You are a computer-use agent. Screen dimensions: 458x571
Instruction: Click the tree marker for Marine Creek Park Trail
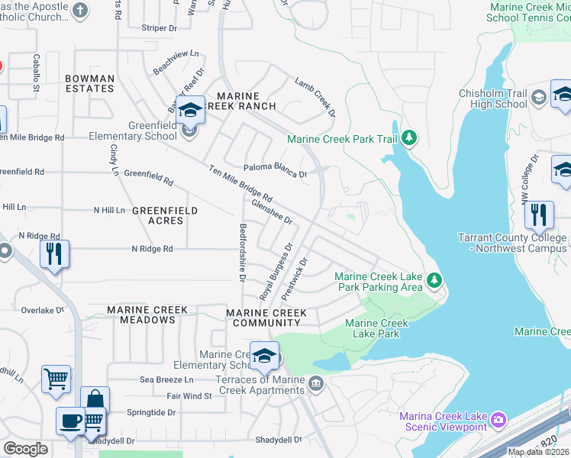coord(410,137)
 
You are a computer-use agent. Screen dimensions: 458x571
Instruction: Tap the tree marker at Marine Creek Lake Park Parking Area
coord(434,281)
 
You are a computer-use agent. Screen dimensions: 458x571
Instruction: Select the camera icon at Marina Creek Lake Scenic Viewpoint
coord(498,419)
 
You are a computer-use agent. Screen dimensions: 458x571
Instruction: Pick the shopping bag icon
coord(95,400)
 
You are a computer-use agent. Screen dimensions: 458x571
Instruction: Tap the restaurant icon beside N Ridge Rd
coord(54,254)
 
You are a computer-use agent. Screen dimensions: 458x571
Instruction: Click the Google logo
coord(25,448)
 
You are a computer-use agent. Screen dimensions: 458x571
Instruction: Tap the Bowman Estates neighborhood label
coord(89,84)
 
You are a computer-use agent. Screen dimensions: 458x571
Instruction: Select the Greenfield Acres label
coord(165,215)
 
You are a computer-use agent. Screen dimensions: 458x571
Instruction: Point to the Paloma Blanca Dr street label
coord(275,171)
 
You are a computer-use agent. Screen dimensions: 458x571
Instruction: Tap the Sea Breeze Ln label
coord(167,379)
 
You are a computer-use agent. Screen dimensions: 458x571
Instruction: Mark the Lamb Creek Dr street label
coord(315,96)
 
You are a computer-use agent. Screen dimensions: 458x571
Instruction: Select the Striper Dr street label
coord(159,27)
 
